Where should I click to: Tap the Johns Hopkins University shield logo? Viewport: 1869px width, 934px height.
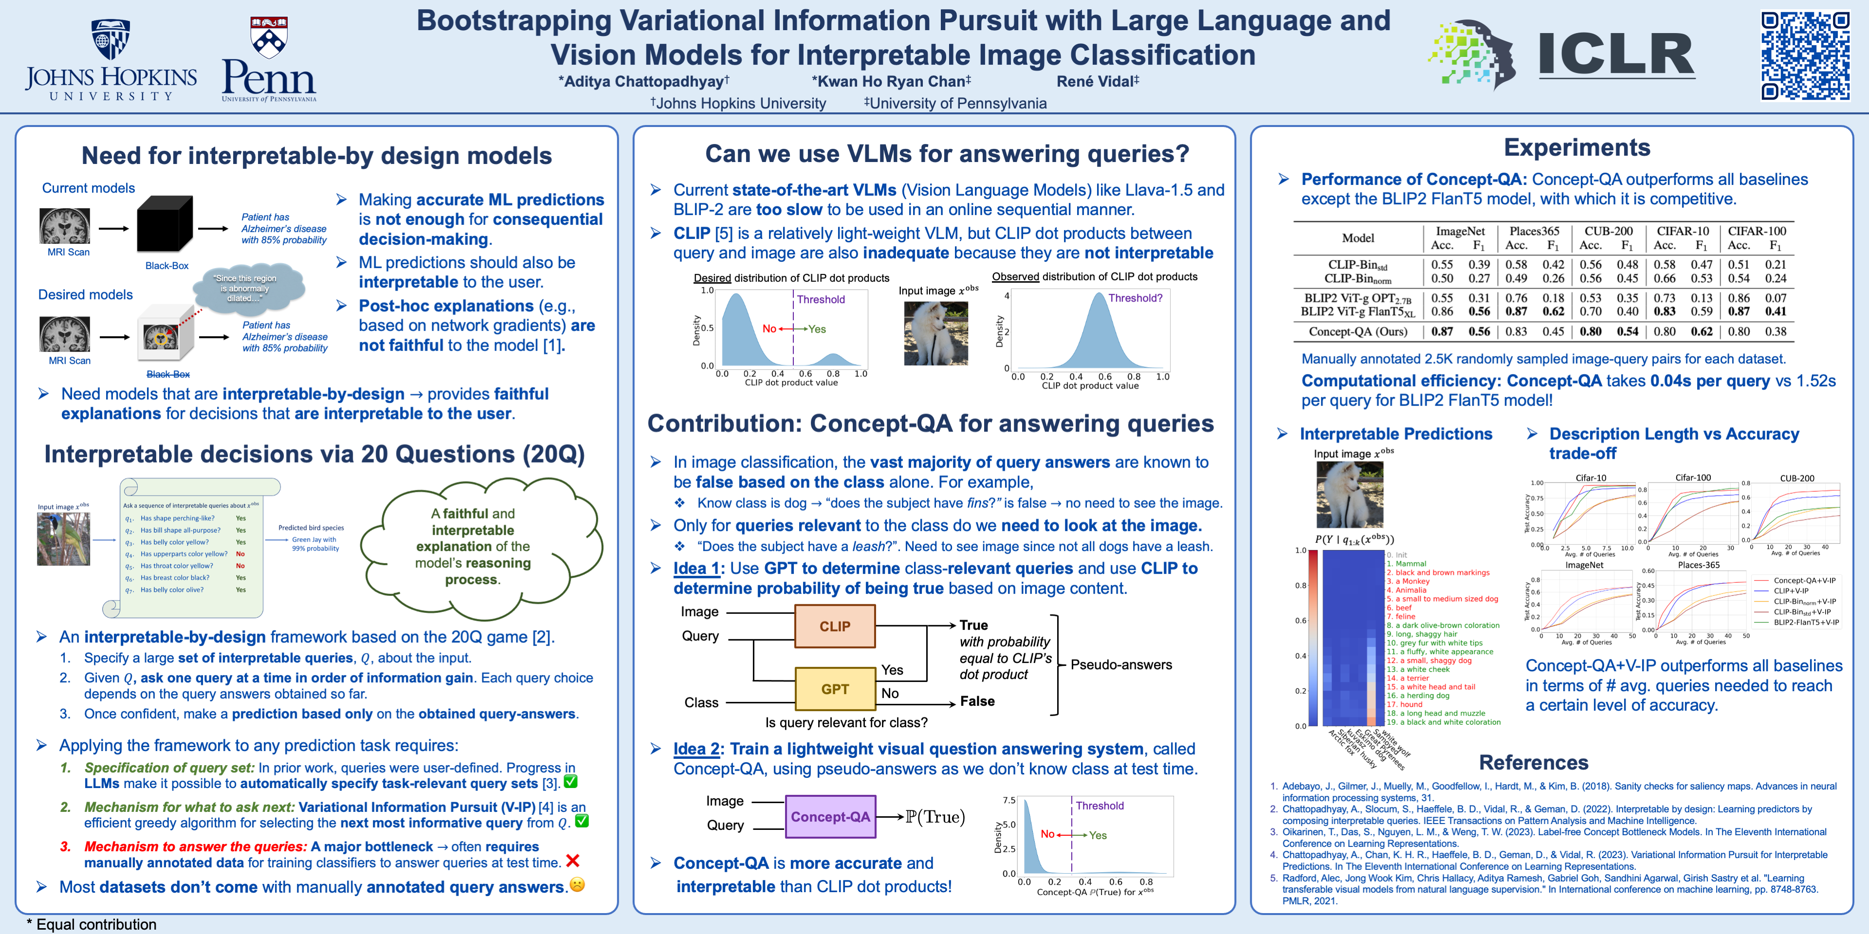[110, 39]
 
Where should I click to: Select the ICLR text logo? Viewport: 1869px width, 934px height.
[1616, 54]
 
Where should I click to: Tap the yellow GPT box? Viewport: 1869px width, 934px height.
[835, 689]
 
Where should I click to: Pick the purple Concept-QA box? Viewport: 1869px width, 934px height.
[830, 817]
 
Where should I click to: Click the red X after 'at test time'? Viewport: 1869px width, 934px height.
[572, 861]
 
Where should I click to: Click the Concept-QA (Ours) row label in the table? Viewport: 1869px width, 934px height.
[1357, 331]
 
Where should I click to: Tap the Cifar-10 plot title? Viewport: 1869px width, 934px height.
[1591, 478]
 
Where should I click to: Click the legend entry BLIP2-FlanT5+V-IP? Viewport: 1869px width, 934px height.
[1806, 622]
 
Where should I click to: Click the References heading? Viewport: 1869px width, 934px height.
[1533, 762]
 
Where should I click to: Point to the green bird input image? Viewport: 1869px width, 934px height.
[64, 539]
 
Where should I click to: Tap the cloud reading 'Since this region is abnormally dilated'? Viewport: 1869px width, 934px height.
[247, 288]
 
